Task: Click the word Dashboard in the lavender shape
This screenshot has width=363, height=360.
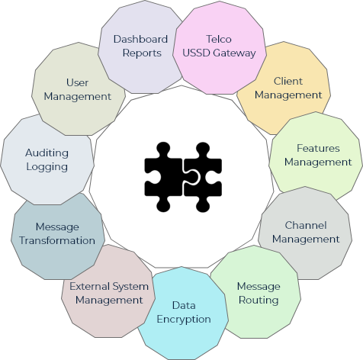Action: pyautogui.click(x=140, y=39)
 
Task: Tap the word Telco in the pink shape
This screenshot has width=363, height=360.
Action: pyautogui.click(x=219, y=39)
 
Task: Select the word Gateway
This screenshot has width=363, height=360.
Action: pyautogui.click(x=234, y=53)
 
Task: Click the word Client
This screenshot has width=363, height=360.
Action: pyautogui.click(x=288, y=81)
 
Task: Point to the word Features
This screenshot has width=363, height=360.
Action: pyautogui.click(x=318, y=148)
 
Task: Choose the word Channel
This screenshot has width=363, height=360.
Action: pyautogui.click(x=306, y=225)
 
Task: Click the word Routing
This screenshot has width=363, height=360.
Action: pyautogui.click(x=259, y=301)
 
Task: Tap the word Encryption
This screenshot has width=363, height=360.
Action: pyautogui.click(x=184, y=320)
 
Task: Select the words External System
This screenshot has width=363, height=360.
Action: pyautogui.click(x=109, y=287)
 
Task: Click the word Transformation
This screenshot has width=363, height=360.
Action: pyautogui.click(x=57, y=240)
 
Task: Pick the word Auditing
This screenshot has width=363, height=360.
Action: pyautogui.click(x=47, y=153)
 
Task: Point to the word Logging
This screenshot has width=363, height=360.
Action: pyautogui.click(x=47, y=167)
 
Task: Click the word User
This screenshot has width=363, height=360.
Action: pyautogui.click(x=77, y=82)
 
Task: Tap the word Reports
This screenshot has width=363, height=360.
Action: pyautogui.click(x=142, y=53)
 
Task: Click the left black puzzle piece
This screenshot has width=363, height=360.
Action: pyautogui.click(x=163, y=177)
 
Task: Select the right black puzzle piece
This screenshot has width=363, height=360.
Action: pyautogui.click(x=204, y=177)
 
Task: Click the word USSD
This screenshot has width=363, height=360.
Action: pyautogui.click(x=197, y=53)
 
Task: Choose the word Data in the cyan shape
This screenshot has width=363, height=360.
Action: pyautogui.click(x=184, y=305)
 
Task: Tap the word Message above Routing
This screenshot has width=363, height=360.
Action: pyautogui.click(x=259, y=287)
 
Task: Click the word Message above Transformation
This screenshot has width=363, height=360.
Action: pyautogui.click(x=57, y=227)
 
